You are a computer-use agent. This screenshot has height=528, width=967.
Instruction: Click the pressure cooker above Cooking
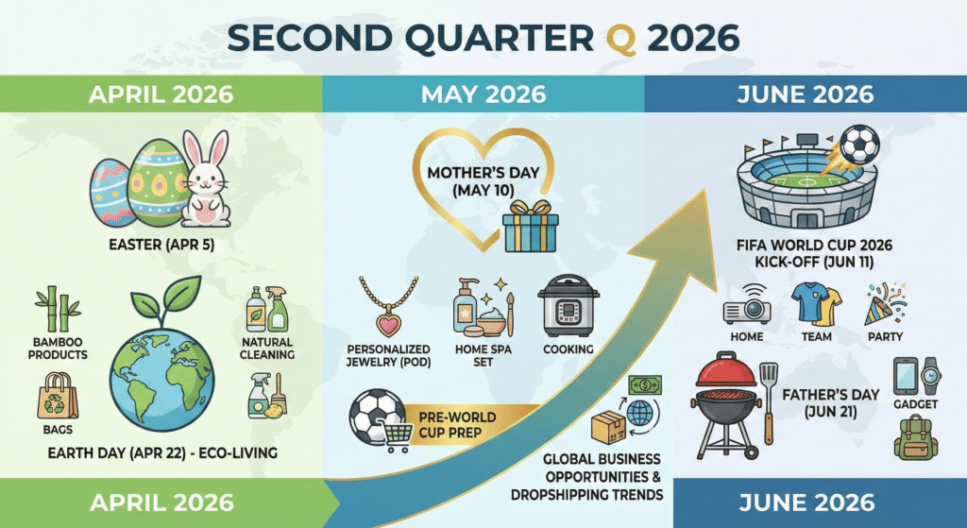568,305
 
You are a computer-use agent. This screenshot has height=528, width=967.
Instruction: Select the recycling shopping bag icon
56,396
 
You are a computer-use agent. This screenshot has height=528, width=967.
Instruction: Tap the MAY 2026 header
483,94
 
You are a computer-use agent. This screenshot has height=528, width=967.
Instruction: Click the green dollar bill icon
645,386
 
